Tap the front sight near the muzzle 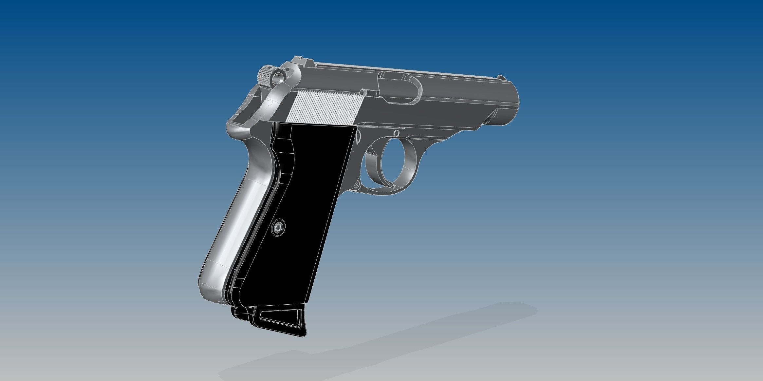click(x=501, y=77)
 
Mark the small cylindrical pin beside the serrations click(x=362, y=92)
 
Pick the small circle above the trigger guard click(x=396, y=133)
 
